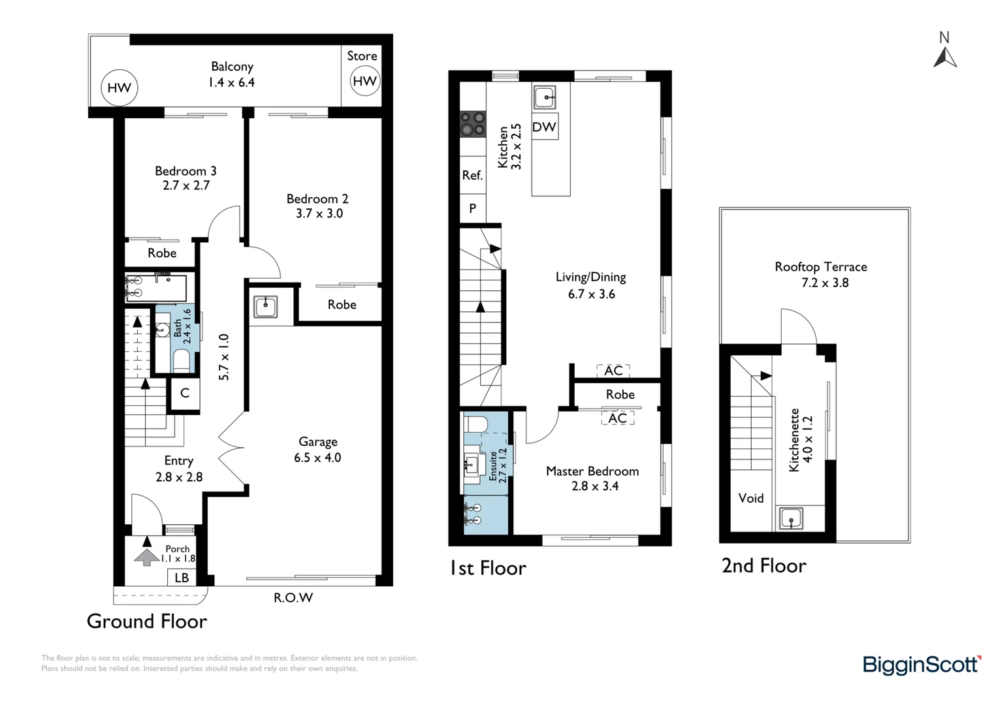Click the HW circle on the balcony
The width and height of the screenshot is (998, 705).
coord(120,87)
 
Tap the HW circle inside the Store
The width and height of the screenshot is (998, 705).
coord(364,81)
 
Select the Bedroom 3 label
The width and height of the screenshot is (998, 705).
coord(185,178)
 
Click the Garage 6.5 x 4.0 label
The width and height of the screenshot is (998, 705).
coord(317,450)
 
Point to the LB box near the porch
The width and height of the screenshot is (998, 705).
coord(182,578)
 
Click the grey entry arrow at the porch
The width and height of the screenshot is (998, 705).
coord(146,557)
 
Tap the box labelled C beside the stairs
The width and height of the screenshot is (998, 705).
coord(185,393)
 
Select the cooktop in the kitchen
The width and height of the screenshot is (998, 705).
coord(473,124)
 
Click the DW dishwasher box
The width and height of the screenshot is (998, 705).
coord(544,127)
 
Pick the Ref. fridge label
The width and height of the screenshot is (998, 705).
coord(472,175)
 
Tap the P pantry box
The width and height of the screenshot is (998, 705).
coord(472,208)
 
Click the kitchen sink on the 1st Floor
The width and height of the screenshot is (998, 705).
coord(545,97)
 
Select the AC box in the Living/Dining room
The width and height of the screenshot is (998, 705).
coord(613,371)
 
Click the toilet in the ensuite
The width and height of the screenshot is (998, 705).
coord(476,424)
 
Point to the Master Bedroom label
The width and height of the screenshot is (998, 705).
coord(592,478)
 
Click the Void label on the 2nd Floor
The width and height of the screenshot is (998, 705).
coord(750,498)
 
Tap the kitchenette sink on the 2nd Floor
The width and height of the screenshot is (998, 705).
coord(791,519)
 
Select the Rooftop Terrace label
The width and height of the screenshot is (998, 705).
coord(821,274)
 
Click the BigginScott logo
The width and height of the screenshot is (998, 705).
coord(922,665)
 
